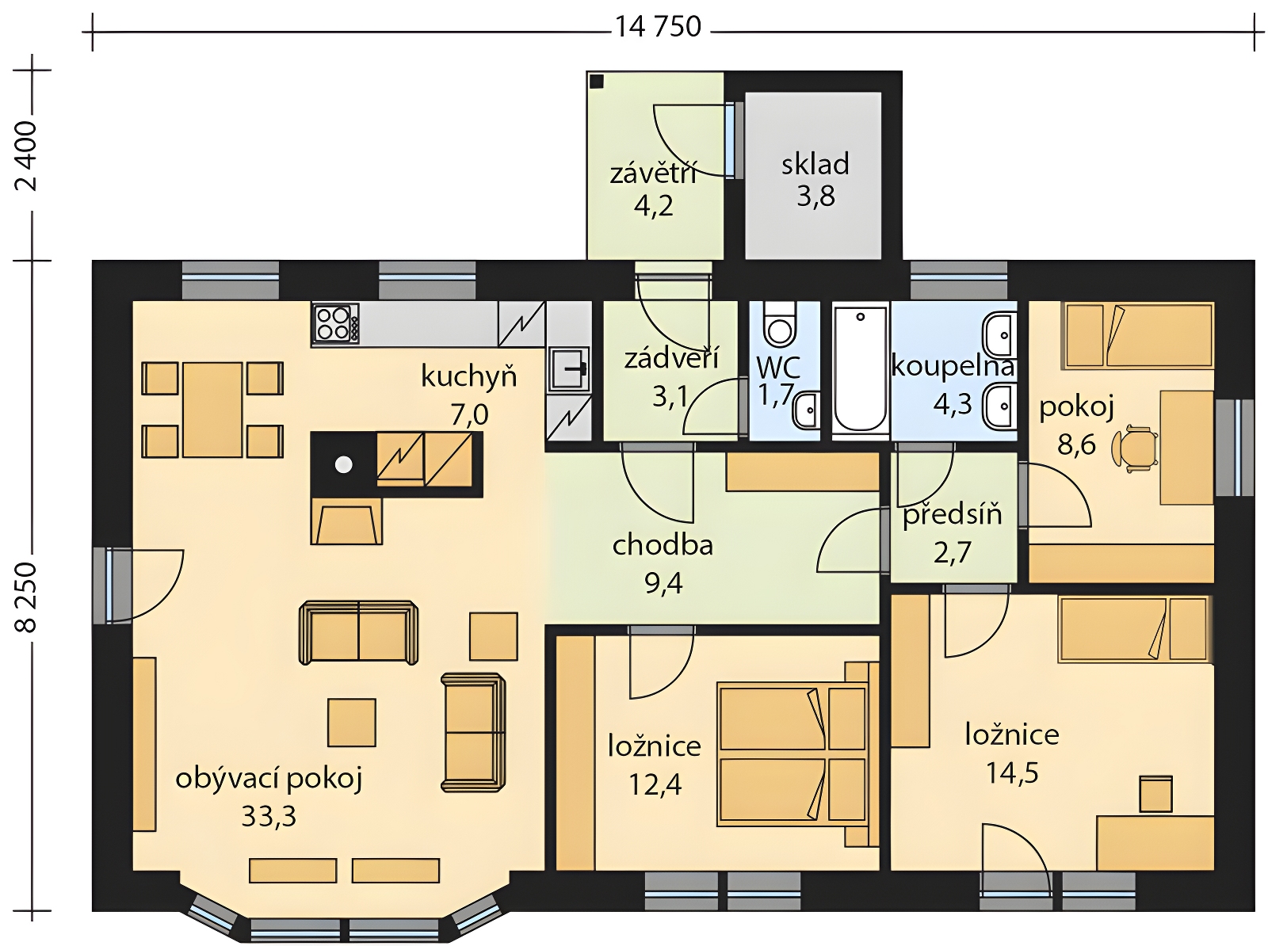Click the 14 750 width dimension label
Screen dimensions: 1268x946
point(657,27)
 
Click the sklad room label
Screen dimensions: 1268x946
point(815,164)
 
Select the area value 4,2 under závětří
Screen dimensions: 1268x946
point(653,206)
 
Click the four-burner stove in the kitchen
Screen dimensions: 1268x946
point(336,322)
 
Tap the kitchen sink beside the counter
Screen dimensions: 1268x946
point(570,368)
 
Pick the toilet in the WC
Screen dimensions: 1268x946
point(779,326)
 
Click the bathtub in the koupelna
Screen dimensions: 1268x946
point(860,369)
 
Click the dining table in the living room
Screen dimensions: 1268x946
point(212,410)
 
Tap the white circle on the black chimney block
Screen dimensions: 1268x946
point(344,464)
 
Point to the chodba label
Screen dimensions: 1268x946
point(663,546)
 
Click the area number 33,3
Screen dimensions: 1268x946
point(269,816)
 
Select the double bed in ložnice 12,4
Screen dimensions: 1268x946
point(792,755)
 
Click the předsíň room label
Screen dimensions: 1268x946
point(952,514)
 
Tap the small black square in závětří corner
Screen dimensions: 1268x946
point(598,81)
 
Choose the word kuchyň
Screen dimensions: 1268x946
point(468,377)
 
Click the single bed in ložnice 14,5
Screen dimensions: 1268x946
point(1132,629)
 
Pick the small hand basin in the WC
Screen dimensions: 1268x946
point(806,410)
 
